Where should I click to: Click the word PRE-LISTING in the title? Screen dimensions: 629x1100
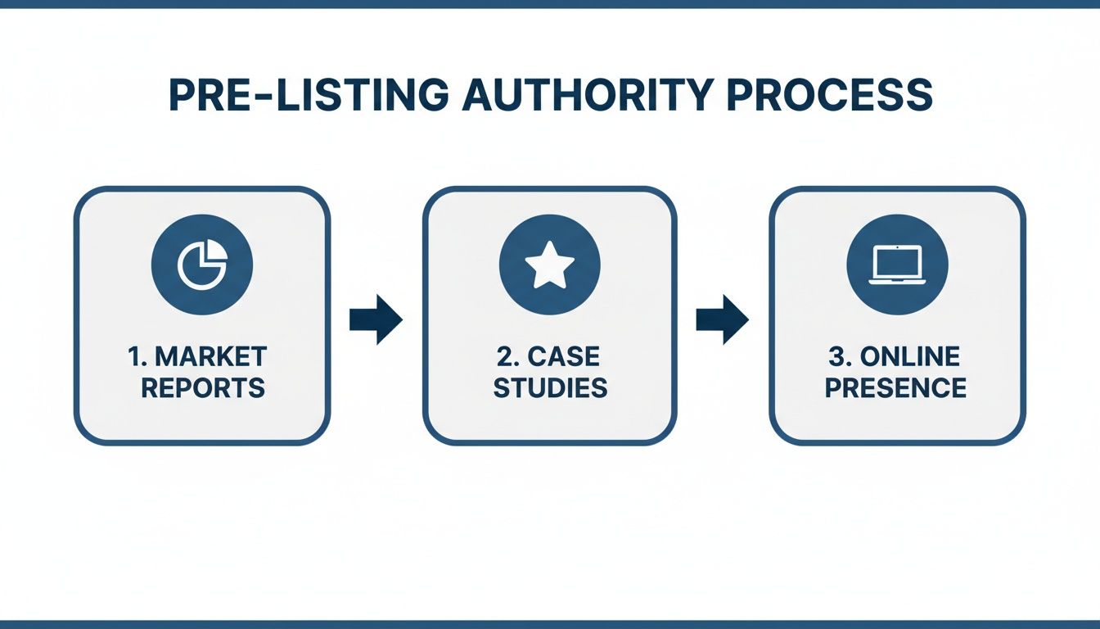(x=308, y=96)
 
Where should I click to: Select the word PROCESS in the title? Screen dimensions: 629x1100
(x=829, y=96)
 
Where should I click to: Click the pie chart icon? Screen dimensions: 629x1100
(x=202, y=265)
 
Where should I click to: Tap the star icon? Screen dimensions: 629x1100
(x=549, y=265)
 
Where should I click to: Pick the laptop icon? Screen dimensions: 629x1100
(x=897, y=265)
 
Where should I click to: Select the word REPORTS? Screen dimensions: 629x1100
(x=203, y=387)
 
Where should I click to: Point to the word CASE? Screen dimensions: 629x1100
(x=564, y=357)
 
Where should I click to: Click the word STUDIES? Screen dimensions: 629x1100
(x=550, y=387)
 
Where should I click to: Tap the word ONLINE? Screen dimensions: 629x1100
(x=910, y=357)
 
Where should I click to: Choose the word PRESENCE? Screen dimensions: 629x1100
(x=896, y=387)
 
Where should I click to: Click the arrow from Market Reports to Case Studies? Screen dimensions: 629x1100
(x=376, y=319)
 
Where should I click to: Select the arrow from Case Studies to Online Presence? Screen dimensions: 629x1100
(x=723, y=319)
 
